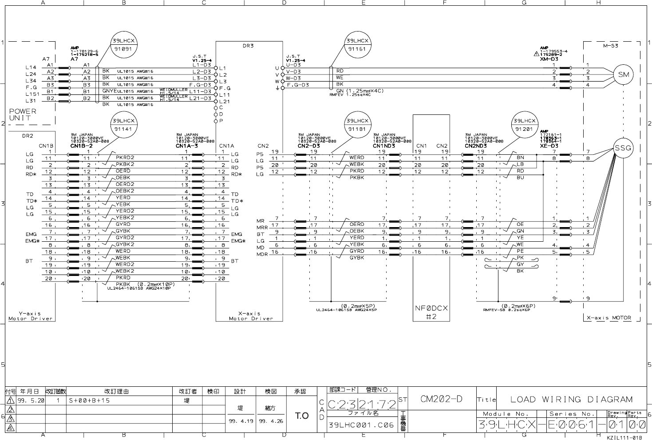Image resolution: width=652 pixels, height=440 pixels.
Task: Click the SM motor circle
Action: click(x=623, y=75)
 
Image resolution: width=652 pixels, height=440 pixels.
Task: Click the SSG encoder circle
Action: click(x=623, y=148)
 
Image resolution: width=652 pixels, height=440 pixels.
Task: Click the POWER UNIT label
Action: click(x=23, y=114)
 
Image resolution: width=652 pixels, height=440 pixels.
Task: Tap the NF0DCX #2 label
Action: click(x=431, y=312)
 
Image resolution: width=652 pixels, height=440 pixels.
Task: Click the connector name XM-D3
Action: click(x=549, y=59)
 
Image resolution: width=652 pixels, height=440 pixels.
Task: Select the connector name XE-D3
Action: click(x=549, y=146)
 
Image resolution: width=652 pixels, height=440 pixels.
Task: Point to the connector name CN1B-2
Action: click(x=81, y=146)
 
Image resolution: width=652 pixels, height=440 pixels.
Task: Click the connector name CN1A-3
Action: click(x=187, y=146)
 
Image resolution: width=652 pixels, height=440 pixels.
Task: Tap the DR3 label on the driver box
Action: click(x=248, y=46)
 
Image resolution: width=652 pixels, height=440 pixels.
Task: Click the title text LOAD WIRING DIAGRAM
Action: click(x=571, y=399)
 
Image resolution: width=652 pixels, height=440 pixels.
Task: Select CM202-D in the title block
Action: click(x=441, y=399)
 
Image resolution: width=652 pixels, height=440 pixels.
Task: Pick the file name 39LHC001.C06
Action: click(x=361, y=425)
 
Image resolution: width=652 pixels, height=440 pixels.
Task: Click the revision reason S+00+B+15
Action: click(x=89, y=401)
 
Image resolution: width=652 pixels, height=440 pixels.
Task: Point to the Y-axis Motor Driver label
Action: click(x=31, y=316)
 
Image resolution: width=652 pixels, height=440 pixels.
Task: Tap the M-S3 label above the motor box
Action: click(x=611, y=45)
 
